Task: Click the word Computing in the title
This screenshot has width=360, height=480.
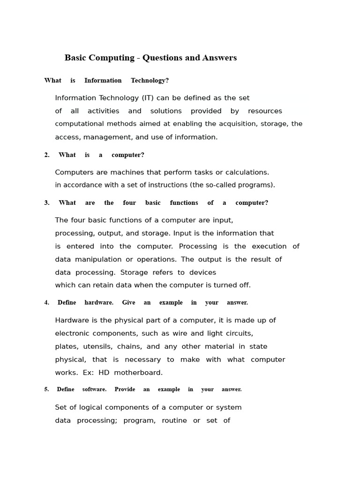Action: pyautogui.click(x=112, y=58)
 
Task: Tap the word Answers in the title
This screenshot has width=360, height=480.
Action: pyautogui.click(x=219, y=58)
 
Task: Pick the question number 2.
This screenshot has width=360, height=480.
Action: pyautogui.click(x=47, y=155)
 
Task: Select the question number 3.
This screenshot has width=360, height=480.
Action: pyautogui.click(x=47, y=203)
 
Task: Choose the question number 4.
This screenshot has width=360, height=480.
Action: pyautogui.click(x=47, y=303)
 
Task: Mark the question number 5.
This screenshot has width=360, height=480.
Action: pyautogui.click(x=47, y=390)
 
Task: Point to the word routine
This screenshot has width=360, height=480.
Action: pyautogui.click(x=173, y=421)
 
